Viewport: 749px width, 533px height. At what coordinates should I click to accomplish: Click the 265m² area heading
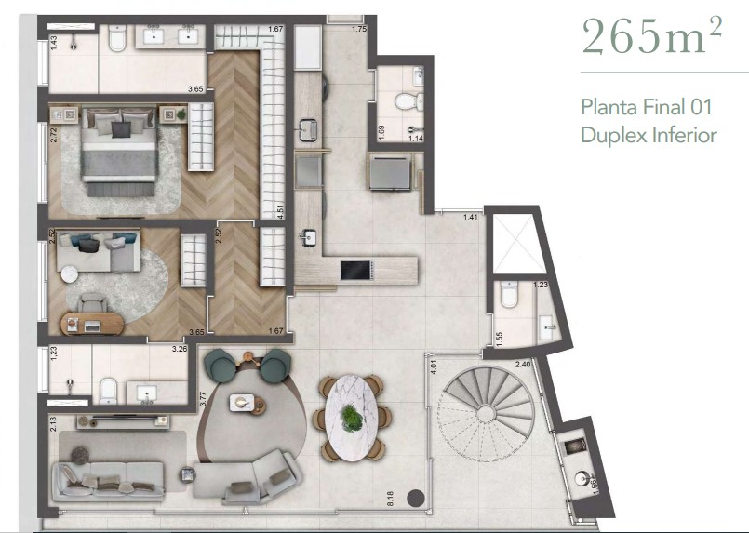(651, 37)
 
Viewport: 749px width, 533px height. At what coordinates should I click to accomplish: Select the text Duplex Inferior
(648, 135)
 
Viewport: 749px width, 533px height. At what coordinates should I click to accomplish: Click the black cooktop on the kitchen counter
(354, 270)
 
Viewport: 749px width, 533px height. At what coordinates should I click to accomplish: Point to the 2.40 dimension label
(523, 364)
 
